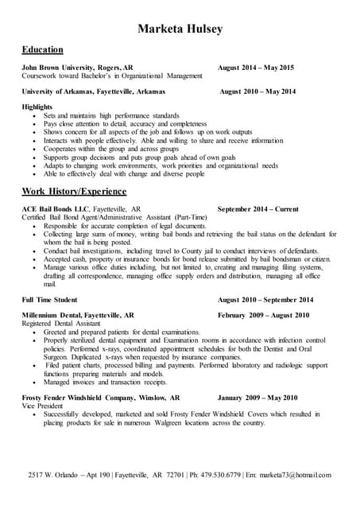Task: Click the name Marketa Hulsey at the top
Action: pos(180,29)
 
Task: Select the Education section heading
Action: pos(44,49)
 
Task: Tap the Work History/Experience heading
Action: pos(74,192)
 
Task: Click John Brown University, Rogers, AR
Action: pos(77,68)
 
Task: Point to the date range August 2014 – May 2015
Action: pos(256,68)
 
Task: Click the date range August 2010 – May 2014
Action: pos(257,91)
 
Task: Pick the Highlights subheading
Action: pos(37,107)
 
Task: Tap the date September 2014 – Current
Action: pos(257,209)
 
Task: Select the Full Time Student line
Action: pos(49,300)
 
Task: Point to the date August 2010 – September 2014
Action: pos(265,300)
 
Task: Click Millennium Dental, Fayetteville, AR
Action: pos(78,315)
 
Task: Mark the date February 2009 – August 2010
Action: pos(264,315)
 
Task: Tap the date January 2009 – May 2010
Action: pos(257,398)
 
